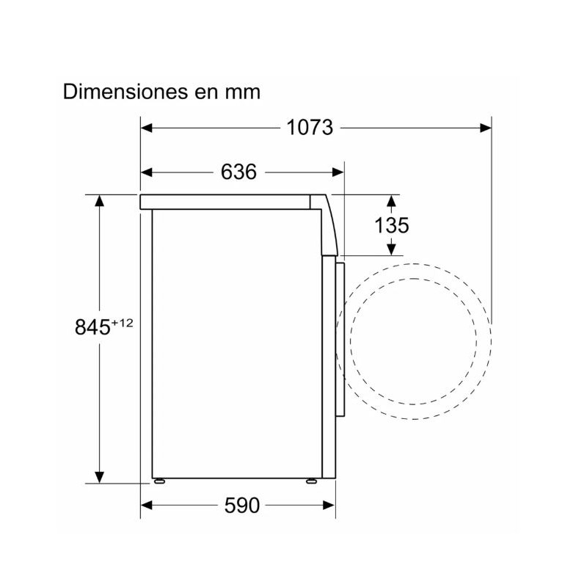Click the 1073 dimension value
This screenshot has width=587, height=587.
[x=310, y=128]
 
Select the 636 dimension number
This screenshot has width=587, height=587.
[x=238, y=172]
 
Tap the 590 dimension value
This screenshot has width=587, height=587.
[x=241, y=506]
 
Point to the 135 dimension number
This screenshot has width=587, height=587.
[x=391, y=225]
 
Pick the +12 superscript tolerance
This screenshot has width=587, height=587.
[x=123, y=321]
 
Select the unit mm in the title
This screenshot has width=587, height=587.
[x=244, y=92]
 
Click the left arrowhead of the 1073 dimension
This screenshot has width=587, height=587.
[x=146, y=128]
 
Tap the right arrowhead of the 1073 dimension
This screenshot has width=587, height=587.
[x=486, y=128]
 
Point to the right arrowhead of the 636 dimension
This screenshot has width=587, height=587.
[x=338, y=172]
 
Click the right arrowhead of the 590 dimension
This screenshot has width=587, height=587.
[x=329, y=506]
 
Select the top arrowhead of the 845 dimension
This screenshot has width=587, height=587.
[x=98, y=200]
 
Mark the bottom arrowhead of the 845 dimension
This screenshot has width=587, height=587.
[x=98, y=478]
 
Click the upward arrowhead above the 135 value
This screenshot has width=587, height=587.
[x=392, y=200]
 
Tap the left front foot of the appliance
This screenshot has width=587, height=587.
[x=158, y=481]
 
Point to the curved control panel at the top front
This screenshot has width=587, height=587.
[x=328, y=224]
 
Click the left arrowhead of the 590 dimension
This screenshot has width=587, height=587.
[x=146, y=506]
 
